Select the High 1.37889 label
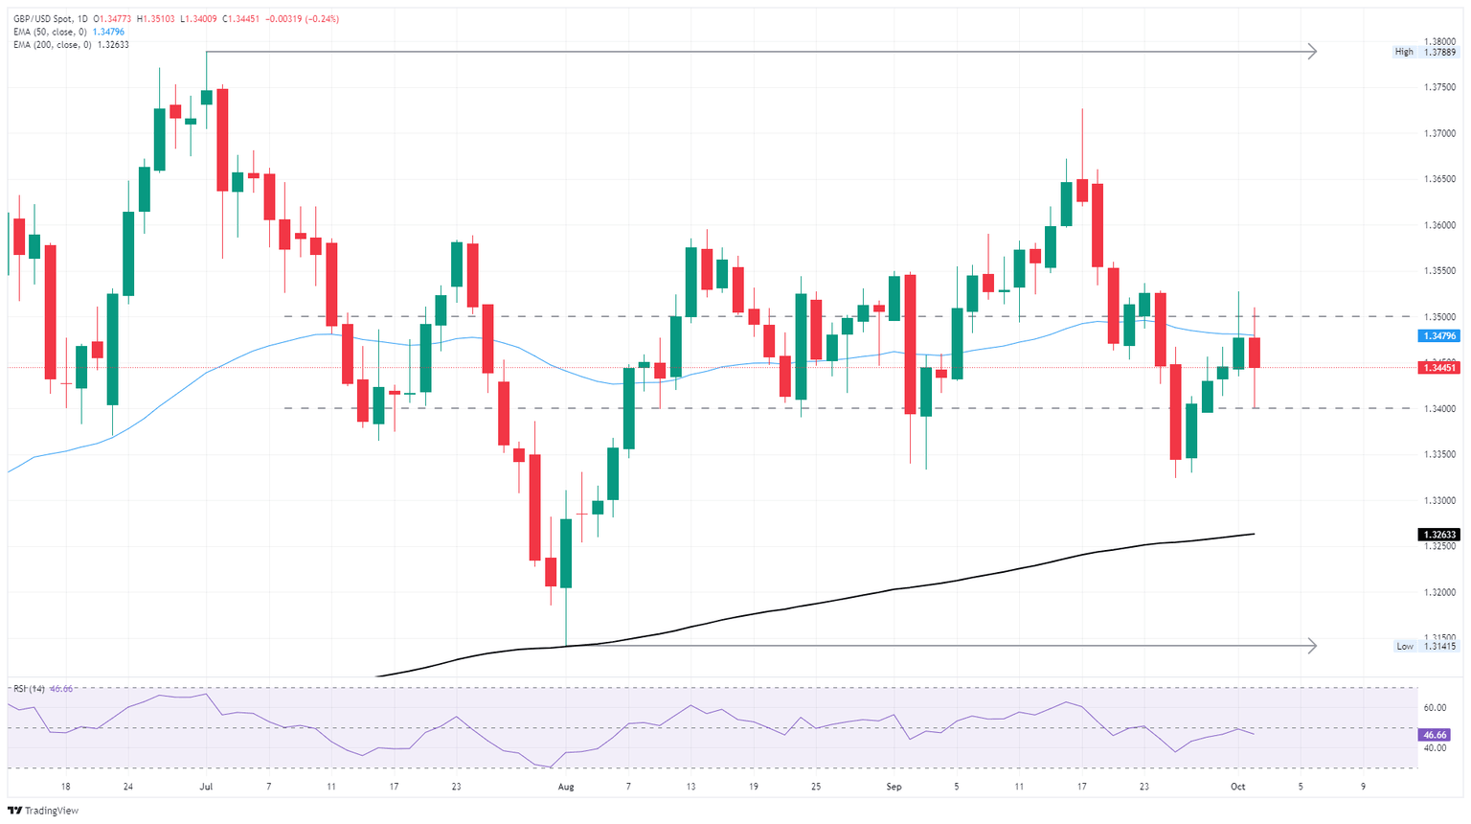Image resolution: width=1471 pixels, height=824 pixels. pyautogui.click(x=1425, y=52)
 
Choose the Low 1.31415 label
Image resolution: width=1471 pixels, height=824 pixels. pyautogui.click(x=1425, y=646)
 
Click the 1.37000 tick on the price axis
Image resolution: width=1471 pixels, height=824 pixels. pyautogui.click(x=1439, y=133)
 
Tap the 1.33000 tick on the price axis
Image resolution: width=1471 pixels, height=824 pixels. pyautogui.click(x=1439, y=500)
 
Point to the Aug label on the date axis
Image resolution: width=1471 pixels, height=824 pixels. pyautogui.click(x=566, y=787)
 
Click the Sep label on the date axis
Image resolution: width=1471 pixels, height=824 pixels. pyautogui.click(x=894, y=787)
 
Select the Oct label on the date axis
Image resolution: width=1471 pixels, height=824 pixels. pyautogui.click(x=1237, y=787)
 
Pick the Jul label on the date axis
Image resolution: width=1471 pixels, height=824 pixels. pyautogui.click(x=206, y=787)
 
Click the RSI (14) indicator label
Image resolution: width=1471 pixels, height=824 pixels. pyautogui.click(x=28, y=689)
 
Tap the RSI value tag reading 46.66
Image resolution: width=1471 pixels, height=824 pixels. pyautogui.click(x=1434, y=735)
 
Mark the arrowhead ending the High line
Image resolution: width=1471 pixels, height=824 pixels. pyautogui.click(x=1312, y=52)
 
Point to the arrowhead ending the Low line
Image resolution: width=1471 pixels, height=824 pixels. pyautogui.click(x=1312, y=646)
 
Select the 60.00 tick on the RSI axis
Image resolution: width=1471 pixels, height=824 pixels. pyautogui.click(x=1435, y=708)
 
